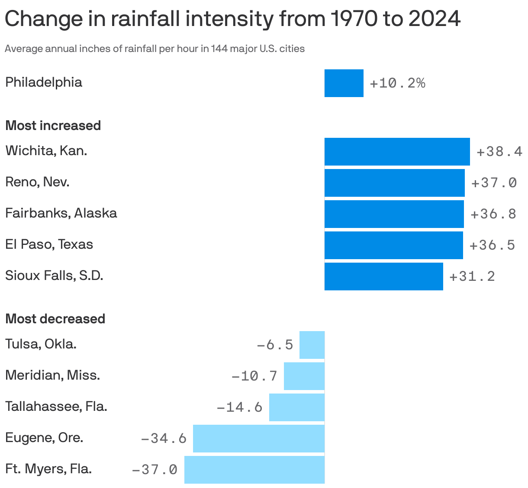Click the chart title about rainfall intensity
click(232, 19)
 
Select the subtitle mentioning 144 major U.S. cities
click(155, 49)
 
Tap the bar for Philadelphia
click(344, 83)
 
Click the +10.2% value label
click(397, 83)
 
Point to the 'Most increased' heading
click(53, 126)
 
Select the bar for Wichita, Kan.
click(397, 151)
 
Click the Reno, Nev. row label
click(37, 182)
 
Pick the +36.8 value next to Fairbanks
click(493, 214)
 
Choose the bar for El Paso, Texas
click(393, 245)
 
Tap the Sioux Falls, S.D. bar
click(383, 276)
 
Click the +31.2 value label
click(472, 277)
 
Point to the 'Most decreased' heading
click(55, 319)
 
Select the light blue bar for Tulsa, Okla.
click(312, 345)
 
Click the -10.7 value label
click(254, 376)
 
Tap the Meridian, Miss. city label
click(52, 375)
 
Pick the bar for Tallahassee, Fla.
click(296, 407)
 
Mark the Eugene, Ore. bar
click(258, 438)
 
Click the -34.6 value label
click(164, 439)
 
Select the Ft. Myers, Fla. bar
click(254, 469)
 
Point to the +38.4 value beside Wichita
click(499, 152)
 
